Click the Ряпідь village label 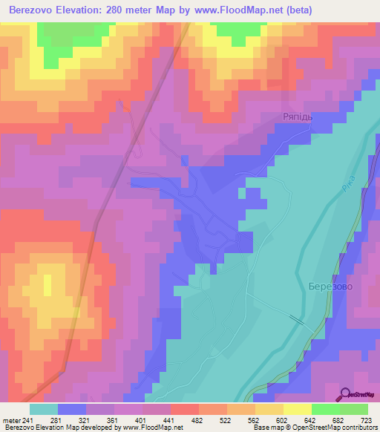(x=300, y=117)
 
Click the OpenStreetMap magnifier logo (x=346, y=394)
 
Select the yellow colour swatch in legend (x=297, y=409)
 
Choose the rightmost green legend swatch (x=353, y=409)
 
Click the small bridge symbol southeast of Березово (x=297, y=319)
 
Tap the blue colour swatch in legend (x=72, y=409)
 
